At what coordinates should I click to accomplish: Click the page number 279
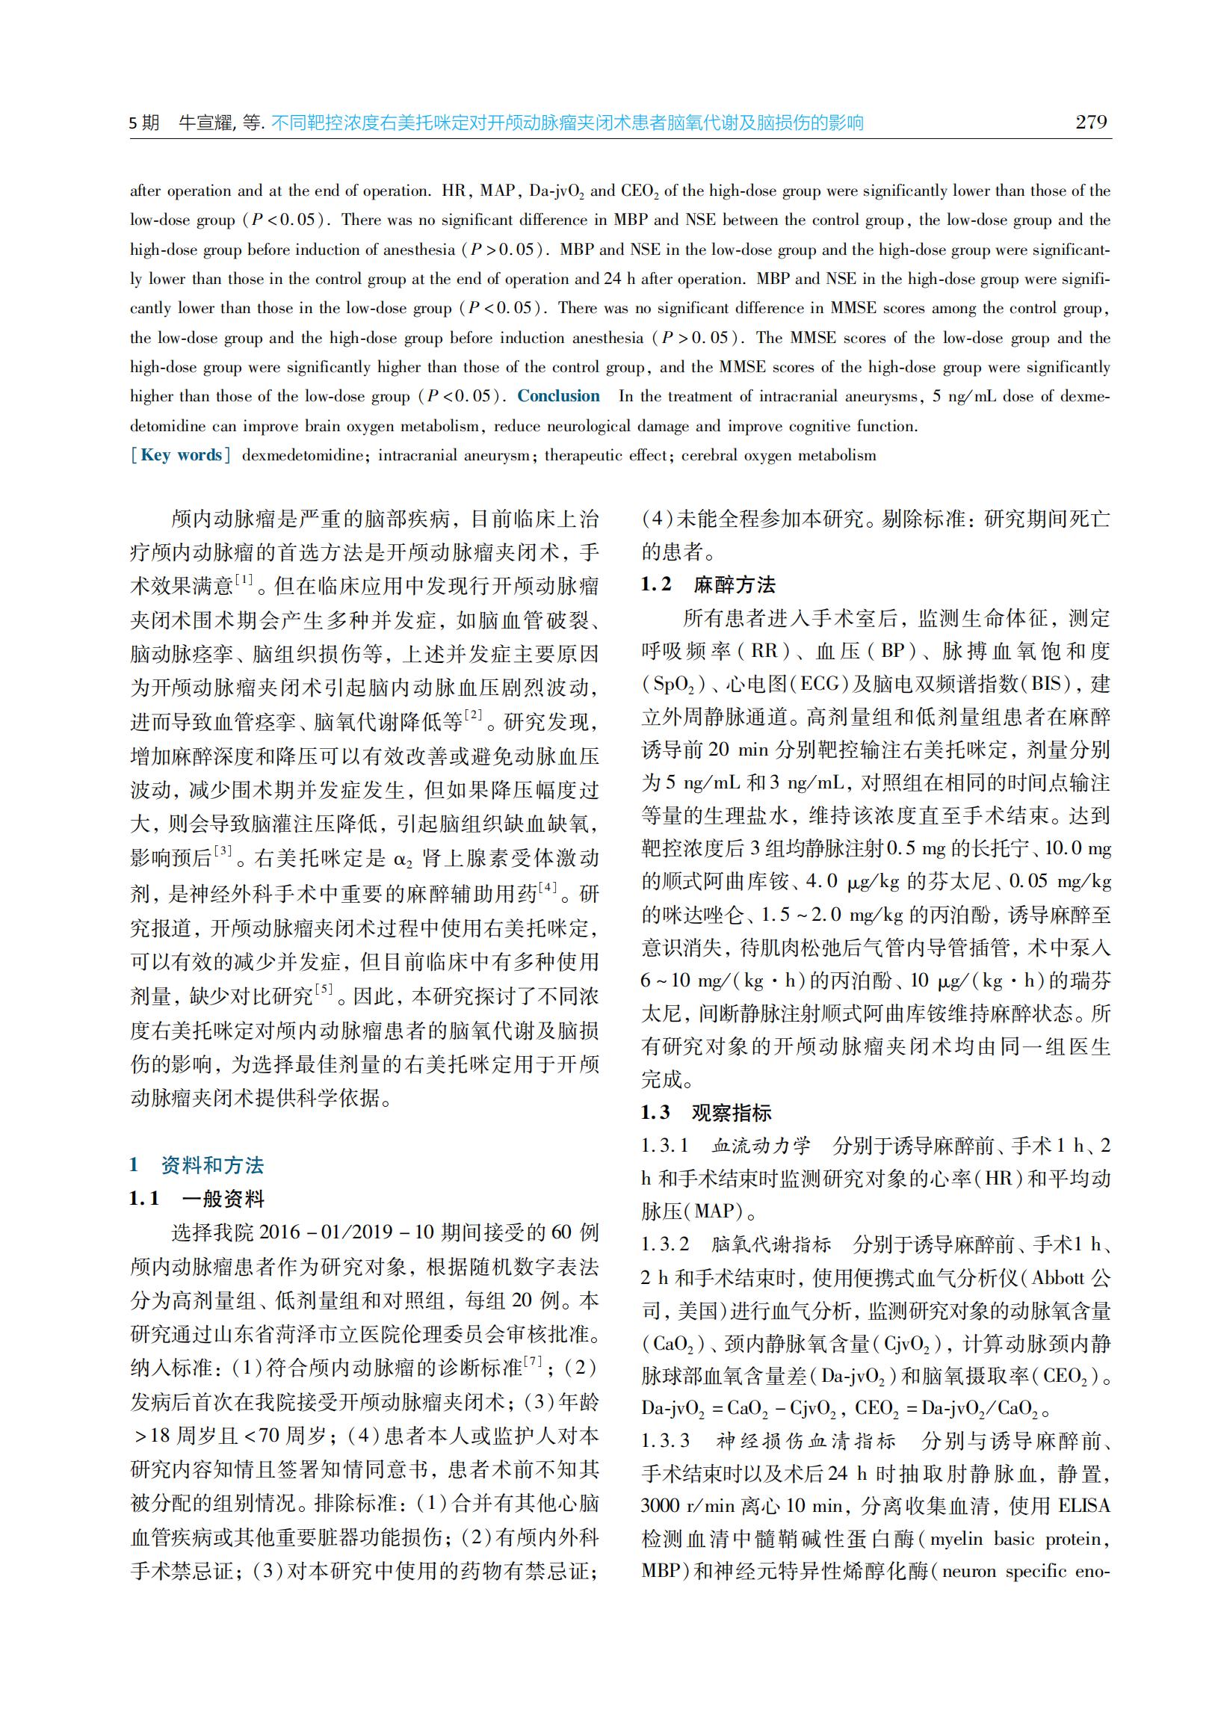pos(1090,123)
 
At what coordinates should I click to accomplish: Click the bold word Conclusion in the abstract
pos(558,396)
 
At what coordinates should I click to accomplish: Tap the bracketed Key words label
pos(181,455)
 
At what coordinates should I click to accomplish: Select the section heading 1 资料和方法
pos(197,1164)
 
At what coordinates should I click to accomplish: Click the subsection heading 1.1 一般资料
pos(197,1199)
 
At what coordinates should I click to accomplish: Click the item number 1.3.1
pos(664,1145)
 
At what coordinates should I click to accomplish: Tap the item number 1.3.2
pos(664,1244)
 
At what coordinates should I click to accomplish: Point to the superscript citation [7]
pos(534,1361)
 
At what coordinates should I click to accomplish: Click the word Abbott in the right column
pos(1057,1277)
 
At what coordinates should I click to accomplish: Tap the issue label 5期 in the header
pos(145,123)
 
